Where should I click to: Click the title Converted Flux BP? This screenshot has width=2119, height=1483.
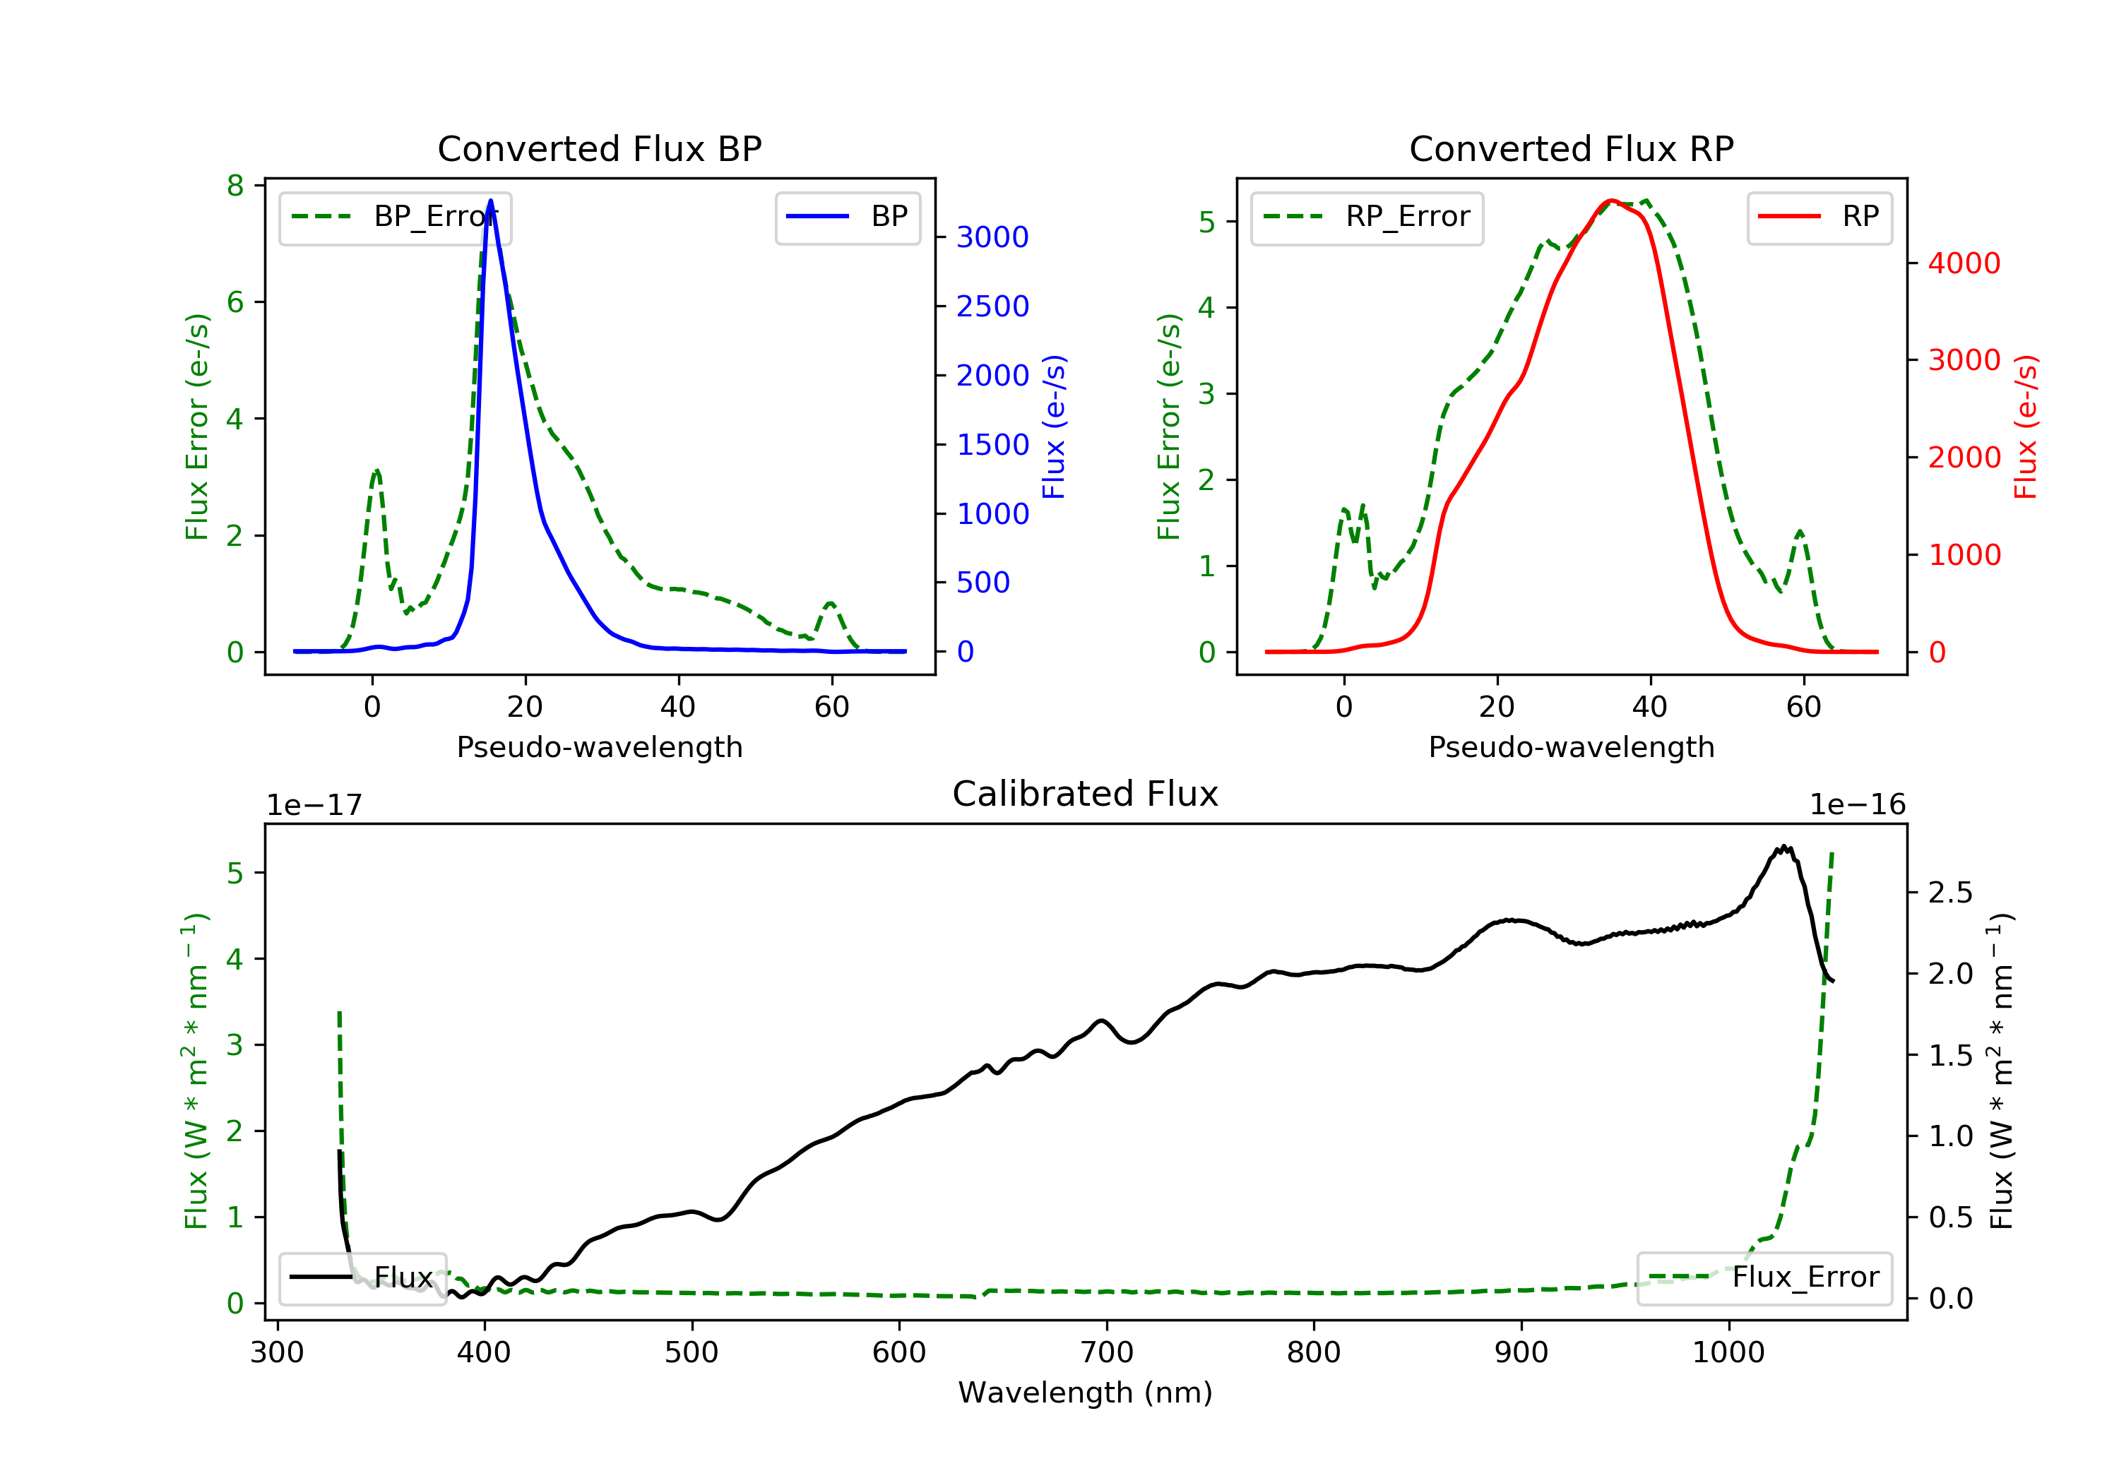pos(599,148)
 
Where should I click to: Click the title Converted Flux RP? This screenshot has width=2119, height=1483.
pos(1571,148)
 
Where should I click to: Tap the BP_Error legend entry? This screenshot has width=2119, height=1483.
pos(394,218)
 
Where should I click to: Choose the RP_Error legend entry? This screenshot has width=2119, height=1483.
pos(1366,218)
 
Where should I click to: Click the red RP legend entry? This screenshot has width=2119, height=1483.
pos(1819,218)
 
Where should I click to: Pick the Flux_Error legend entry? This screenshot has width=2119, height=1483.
pos(1764,1278)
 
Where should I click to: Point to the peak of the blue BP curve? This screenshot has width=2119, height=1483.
pos(490,201)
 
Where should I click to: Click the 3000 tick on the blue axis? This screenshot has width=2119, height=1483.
pos(992,237)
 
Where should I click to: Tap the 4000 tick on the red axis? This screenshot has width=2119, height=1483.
pos(1964,264)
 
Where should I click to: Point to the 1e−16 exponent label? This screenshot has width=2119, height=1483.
pos(1857,805)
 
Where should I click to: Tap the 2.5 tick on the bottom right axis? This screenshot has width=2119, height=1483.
pos(1949,893)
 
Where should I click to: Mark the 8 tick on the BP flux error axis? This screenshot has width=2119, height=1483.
pos(235,186)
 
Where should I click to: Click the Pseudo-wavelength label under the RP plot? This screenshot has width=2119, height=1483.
pos(1571,746)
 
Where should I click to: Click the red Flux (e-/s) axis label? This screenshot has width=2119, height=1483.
pos(2025,427)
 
